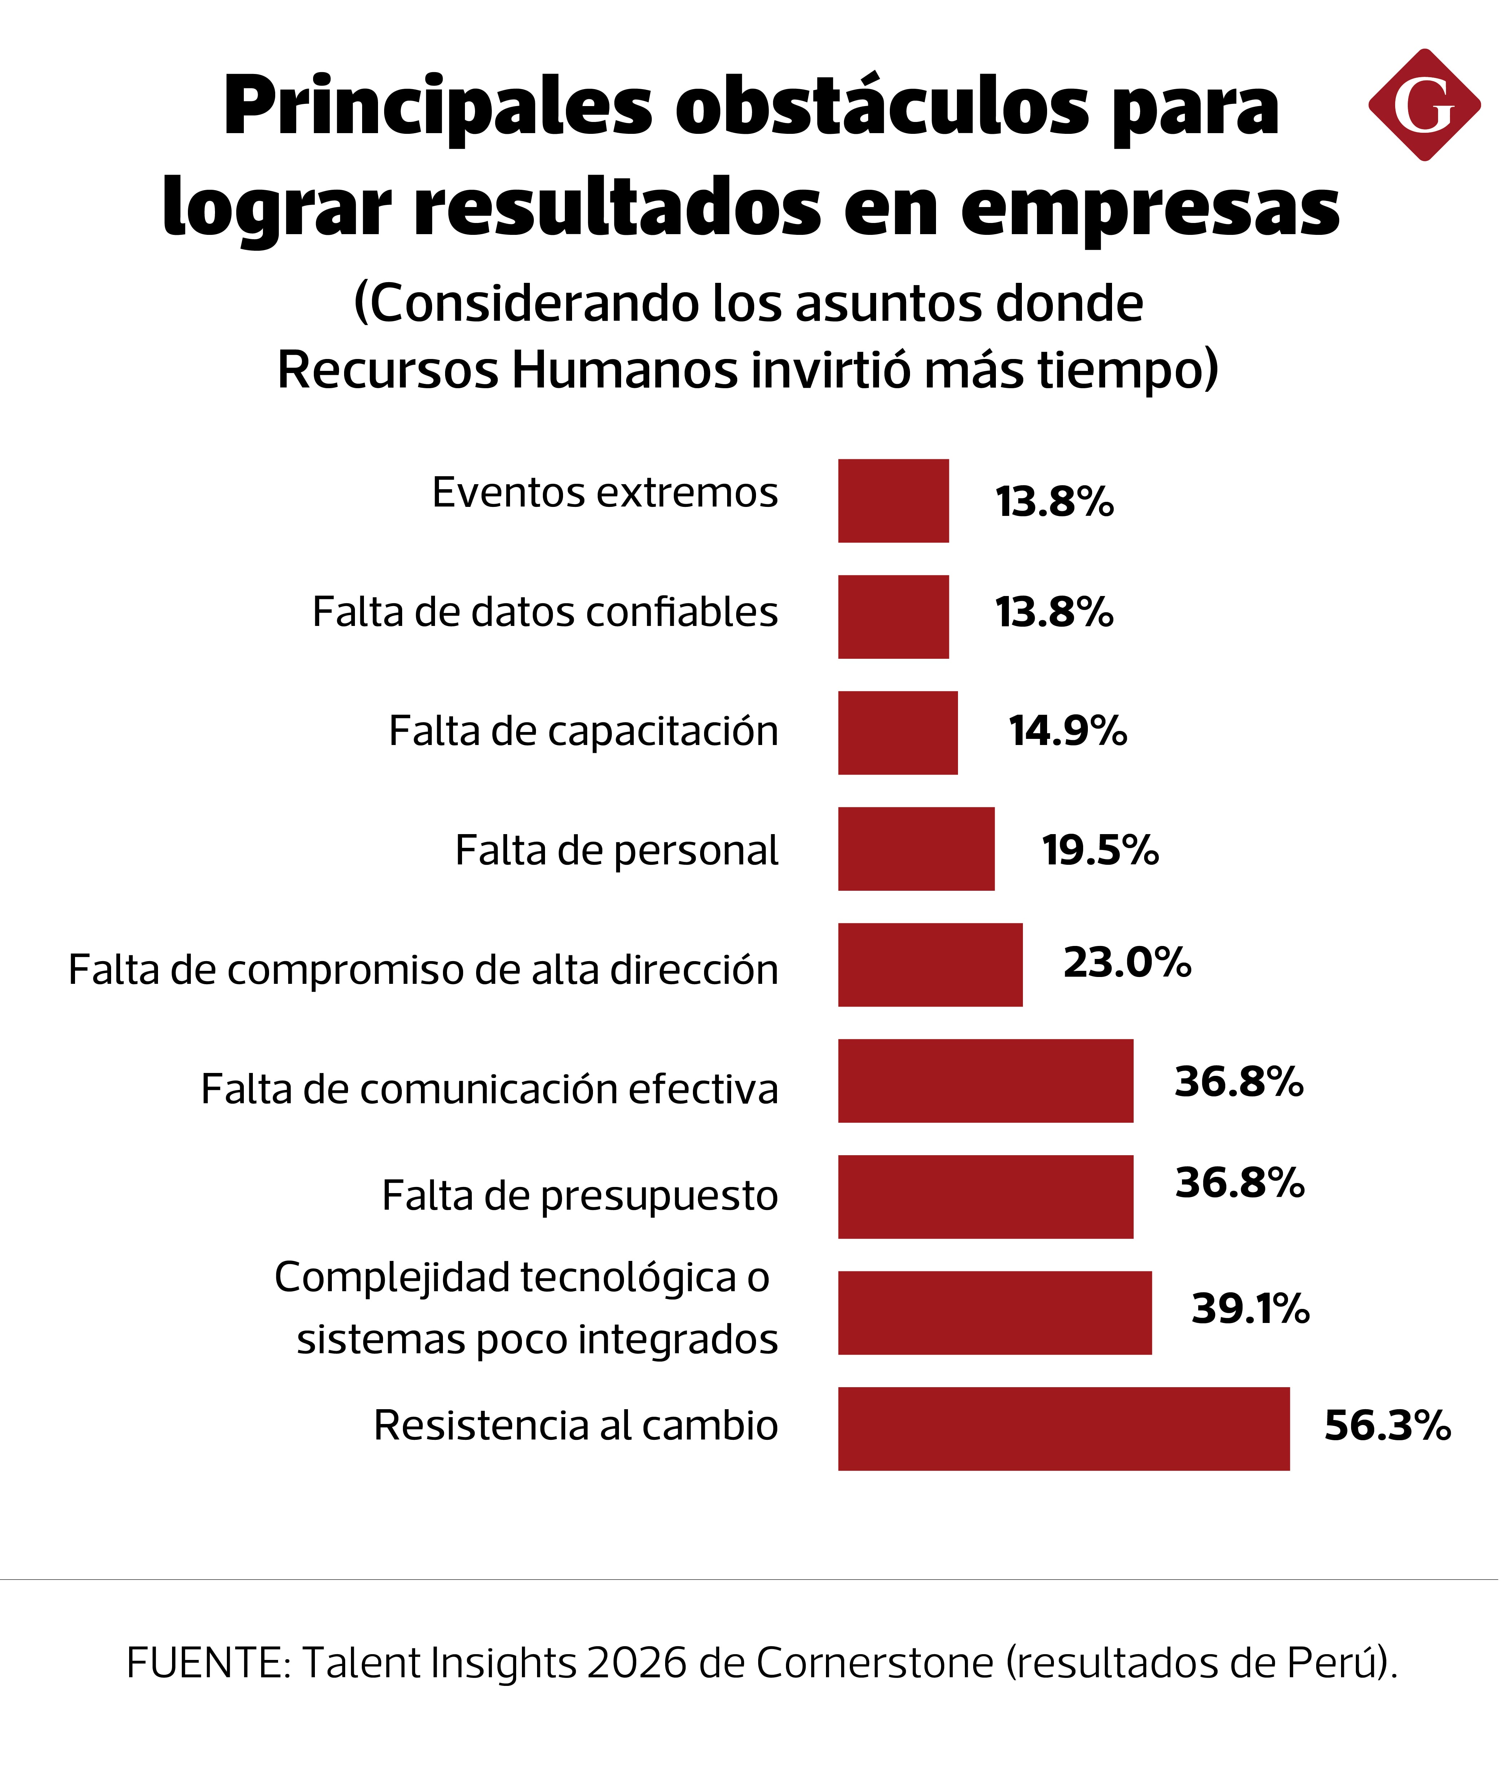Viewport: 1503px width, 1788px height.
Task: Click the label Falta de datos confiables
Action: pos(545,612)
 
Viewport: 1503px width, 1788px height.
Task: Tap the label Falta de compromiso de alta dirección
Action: pos(423,970)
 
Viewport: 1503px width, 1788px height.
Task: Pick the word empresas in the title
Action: pos(1150,209)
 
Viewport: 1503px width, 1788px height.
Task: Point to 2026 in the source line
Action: pos(637,1663)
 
